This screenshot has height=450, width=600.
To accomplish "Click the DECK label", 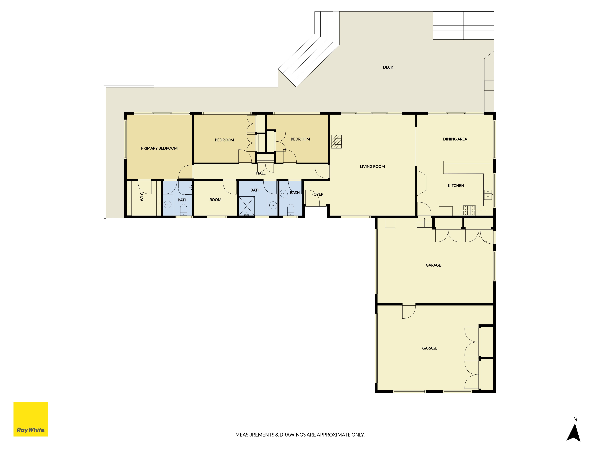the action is pyautogui.click(x=388, y=67).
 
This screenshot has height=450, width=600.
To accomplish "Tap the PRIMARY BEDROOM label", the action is pyautogui.click(x=159, y=148).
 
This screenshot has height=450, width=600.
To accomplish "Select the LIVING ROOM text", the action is pyautogui.click(x=372, y=166).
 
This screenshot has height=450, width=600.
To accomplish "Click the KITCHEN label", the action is pyautogui.click(x=456, y=186).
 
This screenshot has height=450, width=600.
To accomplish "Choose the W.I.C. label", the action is pyautogui.click(x=142, y=196).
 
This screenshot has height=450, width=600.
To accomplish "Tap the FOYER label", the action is pyautogui.click(x=317, y=194).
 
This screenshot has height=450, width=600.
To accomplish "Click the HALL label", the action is pyautogui.click(x=261, y=173).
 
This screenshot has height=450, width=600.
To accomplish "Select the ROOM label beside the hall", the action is pyautogui.click(x=215, y=200).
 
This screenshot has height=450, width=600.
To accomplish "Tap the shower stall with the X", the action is pyautogui.click(x=247, y=206).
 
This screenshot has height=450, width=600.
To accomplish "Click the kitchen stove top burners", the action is pyautogui.click(x=469, y=210).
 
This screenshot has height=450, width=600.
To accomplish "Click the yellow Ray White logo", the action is pyautogui.click(x=31, y=419).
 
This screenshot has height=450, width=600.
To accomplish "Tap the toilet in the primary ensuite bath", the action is pyautogui.click(x=184, y=210).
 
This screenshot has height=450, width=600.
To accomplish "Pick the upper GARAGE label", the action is pyautogui.click(x=433, y=265).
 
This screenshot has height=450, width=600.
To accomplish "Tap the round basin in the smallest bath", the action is pyautogui.click(x=284, y=194).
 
